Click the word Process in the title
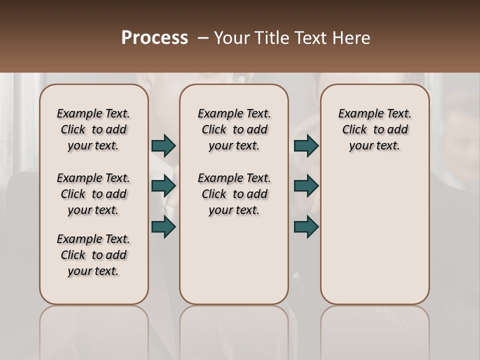[154, 38]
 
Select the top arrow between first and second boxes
[163, 145]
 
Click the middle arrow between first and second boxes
[163, 186]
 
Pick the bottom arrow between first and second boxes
[163, 227]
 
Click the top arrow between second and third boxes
[306, 145]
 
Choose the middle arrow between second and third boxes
[306, 186]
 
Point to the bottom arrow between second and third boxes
[306, 227]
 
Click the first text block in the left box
[93, 129]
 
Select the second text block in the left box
[93, 194]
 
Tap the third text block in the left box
[93, 255]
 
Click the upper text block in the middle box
[234, 129]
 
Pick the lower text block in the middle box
[234, 194]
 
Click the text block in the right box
[374, 129]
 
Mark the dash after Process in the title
[202, 38]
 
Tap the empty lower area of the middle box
[234, 260]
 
